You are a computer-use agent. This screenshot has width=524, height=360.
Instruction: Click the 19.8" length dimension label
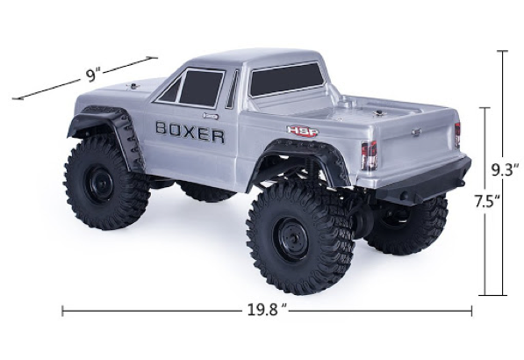(x=267, y=310)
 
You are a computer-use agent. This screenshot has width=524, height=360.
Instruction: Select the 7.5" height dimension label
(x=487, y=202)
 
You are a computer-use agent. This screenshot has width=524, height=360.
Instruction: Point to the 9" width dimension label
(x=92, y=75)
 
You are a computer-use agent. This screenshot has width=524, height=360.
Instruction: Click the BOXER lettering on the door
(x=190, y=132)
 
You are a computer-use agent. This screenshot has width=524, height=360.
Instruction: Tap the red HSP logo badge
(x=303, y=131)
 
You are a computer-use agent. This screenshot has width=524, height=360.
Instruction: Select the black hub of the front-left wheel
(x=95, y=185)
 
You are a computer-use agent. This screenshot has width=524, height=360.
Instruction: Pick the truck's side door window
(x=193, y=88)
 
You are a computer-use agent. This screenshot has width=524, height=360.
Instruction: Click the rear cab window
(x=288, y=79)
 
